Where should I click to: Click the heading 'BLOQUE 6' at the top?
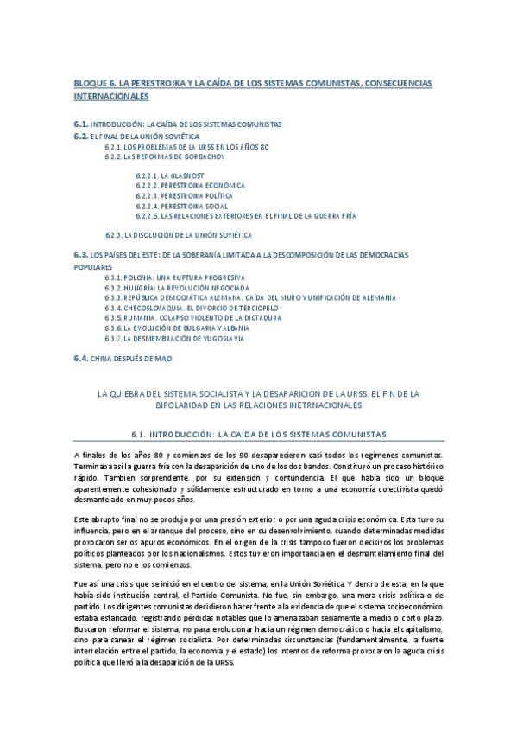(96, 82)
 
